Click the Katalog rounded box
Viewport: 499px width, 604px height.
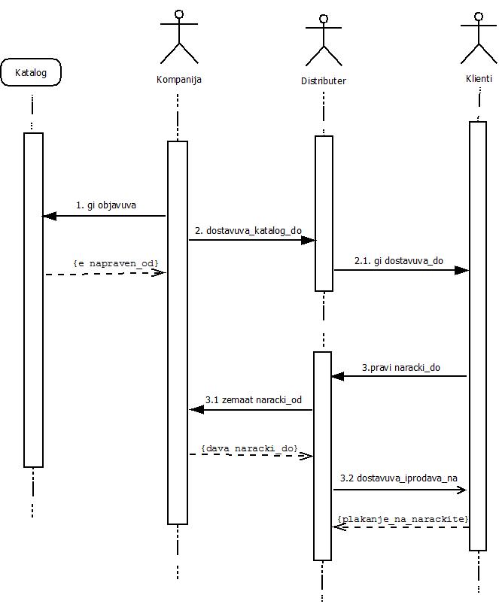(x=31, y=73)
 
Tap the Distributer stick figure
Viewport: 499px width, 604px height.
(x=324, y=41)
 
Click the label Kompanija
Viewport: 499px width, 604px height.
(x=178, y=79)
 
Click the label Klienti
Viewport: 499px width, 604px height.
(x=479, y=79)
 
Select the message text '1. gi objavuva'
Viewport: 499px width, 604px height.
(x=106, y=205)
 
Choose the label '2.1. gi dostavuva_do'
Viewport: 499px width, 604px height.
(x=399, y=260)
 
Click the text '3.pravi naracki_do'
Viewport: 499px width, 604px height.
(x=401, y=367)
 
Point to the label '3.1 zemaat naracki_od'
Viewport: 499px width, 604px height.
(x=254, y=400)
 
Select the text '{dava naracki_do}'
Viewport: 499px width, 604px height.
(x=249, y=448)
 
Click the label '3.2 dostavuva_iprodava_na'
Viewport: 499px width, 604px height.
(x=399, y=478)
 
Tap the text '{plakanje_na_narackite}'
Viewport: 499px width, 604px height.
(x=403, y=519)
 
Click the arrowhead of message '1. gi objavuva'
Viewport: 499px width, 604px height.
(x=50, y=216)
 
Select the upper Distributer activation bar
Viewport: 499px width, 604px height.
(x=324, y=213)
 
